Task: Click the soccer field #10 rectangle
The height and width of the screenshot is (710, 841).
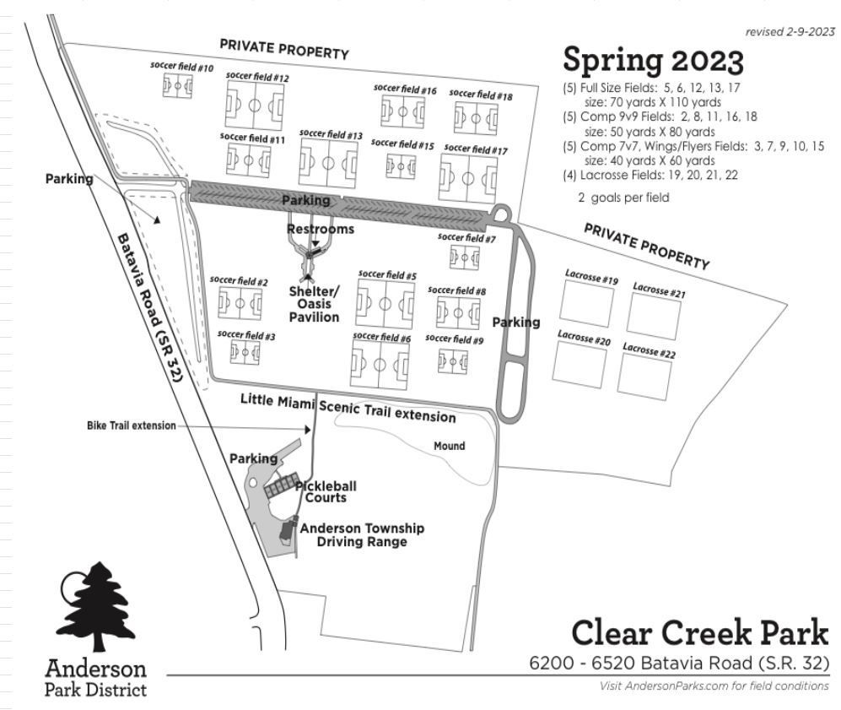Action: [x=177, y=86]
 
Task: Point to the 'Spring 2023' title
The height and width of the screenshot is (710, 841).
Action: [x=653, y=60]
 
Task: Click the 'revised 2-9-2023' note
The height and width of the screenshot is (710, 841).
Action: [x=790, y=32]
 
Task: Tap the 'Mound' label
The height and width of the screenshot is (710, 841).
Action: [x=449, y=446]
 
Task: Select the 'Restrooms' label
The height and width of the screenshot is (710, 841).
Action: [x=321, y=229]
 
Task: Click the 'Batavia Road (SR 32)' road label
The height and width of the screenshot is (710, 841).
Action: [x=150, y=307]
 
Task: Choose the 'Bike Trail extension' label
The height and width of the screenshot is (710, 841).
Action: [x=132, y=425]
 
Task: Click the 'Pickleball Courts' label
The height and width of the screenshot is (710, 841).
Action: [x=326, y=491]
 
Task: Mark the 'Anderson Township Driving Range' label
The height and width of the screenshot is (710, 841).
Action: [x=362, y=535]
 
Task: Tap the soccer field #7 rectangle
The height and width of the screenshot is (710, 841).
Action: [x=465, y=257]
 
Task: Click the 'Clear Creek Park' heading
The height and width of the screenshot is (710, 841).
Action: [x=700, y=632]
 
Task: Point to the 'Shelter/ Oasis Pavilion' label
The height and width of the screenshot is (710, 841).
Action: [x=314, y=304]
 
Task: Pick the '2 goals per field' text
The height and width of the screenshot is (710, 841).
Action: [x=623, y=198]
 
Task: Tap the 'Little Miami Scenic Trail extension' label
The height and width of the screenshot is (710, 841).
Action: [x=348, y=409]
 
